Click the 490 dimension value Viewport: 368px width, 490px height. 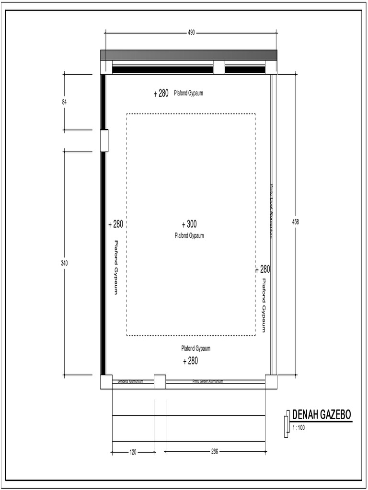click(191, 33)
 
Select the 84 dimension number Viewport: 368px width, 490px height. click(64, 102)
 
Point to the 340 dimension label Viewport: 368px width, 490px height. click(64, 263)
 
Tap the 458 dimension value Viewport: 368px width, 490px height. click(296, 222)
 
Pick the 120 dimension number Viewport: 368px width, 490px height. click(133, 452)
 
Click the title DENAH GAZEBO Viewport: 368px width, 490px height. click(322, 415)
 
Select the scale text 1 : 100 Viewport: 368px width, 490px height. click(299, 428)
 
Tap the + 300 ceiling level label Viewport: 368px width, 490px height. click(189, 224)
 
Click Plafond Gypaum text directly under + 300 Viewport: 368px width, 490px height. click(189, 235)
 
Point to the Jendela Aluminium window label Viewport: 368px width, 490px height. click(131, 381)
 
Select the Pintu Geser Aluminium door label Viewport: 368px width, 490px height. click(208, 381)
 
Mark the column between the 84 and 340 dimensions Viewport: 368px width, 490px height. click(104, 141)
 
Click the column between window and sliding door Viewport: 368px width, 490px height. click(160, 381)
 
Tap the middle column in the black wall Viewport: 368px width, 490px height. click(219, 67)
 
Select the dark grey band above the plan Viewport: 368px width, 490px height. click(188, 55)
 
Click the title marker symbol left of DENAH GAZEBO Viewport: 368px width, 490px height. click(287, 423)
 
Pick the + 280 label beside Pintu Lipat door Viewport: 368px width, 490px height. click(263, 269)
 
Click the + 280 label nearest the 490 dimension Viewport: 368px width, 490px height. click(161, 93)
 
